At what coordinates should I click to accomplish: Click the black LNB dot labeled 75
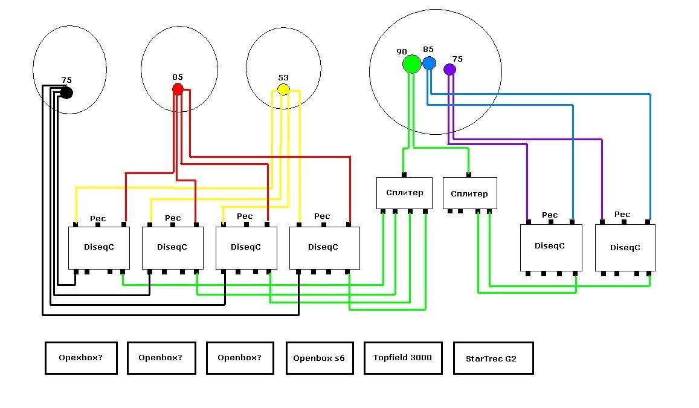(x=66, y=92)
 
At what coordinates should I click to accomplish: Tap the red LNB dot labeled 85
(x=178, y=89)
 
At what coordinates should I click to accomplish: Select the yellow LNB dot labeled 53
(x=283, y=90)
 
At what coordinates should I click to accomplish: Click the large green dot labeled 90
(x=412, y=63)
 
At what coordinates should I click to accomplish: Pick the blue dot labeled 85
(x=429, y=63)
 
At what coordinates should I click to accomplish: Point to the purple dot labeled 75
(x=449, y=70)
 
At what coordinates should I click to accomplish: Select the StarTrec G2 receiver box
(x=493, y=358)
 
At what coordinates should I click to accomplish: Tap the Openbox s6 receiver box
(x=319, y=358)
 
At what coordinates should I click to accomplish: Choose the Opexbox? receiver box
(x=81, y=358)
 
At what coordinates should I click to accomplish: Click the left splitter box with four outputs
(x=404, y=193)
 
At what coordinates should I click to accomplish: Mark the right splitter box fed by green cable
(x=469, y=193)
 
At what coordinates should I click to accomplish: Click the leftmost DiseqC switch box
(x=99, y=248)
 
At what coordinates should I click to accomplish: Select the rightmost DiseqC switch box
(x=625, y=248)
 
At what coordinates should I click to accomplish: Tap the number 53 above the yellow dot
(x=283, y=78)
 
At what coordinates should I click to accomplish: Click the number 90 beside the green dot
(x=402, y=52)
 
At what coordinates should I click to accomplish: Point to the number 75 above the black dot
(x=66, y=80)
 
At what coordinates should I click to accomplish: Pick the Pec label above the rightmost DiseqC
(x=622, y=215)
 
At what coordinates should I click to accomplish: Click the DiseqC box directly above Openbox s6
(x=324, y=248)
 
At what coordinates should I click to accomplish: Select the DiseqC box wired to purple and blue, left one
(x=550, y=247)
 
